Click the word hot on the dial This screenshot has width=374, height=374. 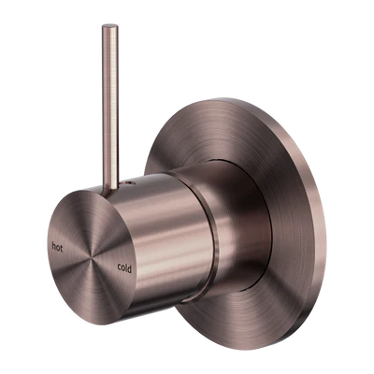coord(57,247)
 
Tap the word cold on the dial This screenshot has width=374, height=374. coord(124,267)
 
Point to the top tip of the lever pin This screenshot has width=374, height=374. coord(110,25)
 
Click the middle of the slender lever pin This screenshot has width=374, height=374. coord(110,106)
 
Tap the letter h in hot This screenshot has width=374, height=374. coord(54,246)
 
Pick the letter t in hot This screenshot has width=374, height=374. coord(61,249)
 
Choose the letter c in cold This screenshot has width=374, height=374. coord(120,267)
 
